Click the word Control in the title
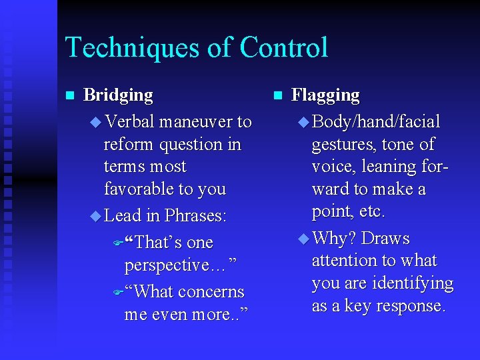(x=284, y=48)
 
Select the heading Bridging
(x=118, y=95)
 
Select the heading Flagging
(x=326, y=95)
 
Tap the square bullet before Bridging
(x=68, y=96)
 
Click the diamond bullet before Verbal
(x=94, y=122)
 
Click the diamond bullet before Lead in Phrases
(x=94, y=216)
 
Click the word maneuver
(x=195, y=122)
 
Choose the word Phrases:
(x=196, y=216)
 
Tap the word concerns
(x=211, y=292)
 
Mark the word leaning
(x=391, y=167)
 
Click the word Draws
(x=385, y=239)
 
